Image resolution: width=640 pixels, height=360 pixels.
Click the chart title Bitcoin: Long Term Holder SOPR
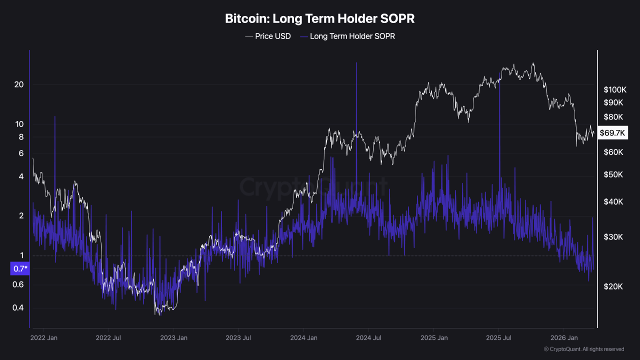click(x=320, y=19)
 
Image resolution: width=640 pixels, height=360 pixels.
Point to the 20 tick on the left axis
click(x=19, y=84)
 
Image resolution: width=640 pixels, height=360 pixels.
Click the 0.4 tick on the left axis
click(x=18, y=307)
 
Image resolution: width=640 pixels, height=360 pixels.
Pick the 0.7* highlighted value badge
click(x=19, y=269)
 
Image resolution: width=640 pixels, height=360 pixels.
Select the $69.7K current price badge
click(x=612, y=132)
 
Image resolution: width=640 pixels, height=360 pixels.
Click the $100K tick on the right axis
click(x=615, y=90)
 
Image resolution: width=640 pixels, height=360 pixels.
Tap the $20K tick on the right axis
click(x=613, y=286)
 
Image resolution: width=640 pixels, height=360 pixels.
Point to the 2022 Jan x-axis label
click(x=43, y=338)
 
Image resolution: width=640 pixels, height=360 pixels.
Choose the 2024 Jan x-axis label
click(x=304, y=338)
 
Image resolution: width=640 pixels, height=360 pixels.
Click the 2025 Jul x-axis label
click(x=499, y=338)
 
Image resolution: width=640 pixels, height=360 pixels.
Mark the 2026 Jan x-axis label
click(x=563, y=338)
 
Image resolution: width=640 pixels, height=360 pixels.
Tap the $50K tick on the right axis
click(x=613, y=174)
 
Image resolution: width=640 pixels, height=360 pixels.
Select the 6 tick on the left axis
click(x=21, y=153)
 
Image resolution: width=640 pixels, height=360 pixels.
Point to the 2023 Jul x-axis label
click(x=238, y=338)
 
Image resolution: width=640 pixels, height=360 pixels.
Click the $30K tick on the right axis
click(x=613, y=236)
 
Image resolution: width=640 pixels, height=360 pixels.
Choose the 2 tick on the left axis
click(x=21, y=216)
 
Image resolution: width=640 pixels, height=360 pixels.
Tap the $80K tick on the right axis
click(x=613, y=117)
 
